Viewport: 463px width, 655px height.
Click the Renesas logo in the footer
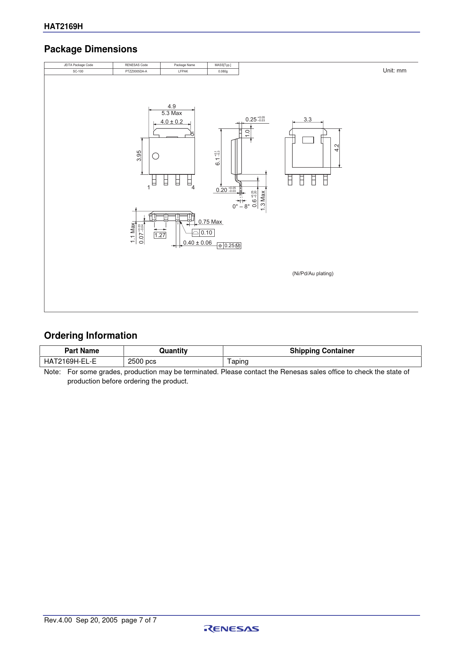point(232,629)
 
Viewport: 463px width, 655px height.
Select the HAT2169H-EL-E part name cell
point(70,361)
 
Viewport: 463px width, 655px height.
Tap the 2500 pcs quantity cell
point(142,361)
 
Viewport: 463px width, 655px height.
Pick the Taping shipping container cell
point(238,361)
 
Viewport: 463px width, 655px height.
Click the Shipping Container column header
point(322,351)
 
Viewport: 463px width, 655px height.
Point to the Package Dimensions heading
point(91,49)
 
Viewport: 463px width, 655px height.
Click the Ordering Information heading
point(91,335)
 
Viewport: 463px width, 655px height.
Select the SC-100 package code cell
point(78,71)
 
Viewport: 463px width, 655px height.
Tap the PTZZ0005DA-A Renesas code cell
point(136,71)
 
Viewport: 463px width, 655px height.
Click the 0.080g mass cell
point(223,71)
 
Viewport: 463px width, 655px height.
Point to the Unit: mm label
point(394,71)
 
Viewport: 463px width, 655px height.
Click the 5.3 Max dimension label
point(172,113)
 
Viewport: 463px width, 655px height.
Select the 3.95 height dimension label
point(139,156)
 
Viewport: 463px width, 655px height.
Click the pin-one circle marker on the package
point(156,156)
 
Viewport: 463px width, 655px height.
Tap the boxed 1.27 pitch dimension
point(160,235)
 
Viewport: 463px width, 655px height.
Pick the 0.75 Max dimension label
point(210,222)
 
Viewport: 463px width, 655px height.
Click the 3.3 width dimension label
point(308,119)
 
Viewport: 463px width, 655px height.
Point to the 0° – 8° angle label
point(241,207)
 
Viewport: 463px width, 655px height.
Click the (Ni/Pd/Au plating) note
point(313,273)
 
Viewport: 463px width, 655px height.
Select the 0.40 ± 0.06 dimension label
point(198,243)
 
